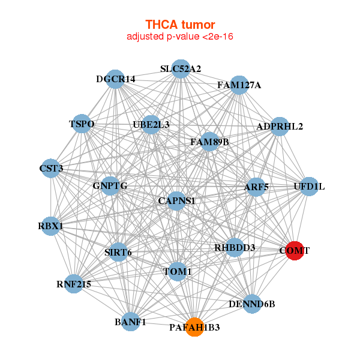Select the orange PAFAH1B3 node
[x=194, y=327]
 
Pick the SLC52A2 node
[x=180, y=69]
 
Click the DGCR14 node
[x=115, y=79]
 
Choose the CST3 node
[x=51, y=169]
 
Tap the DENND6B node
[x=252, y=304]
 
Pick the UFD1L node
[x=309, y=187]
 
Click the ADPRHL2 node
[x=280, y=127]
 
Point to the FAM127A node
[x=239, y=85]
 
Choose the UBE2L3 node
[x=151, y=125]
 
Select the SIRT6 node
[x=118, y=252]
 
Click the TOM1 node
[x=177, y=272]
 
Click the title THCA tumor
[x=180, y=25]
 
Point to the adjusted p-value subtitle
[x=180, y=37]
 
